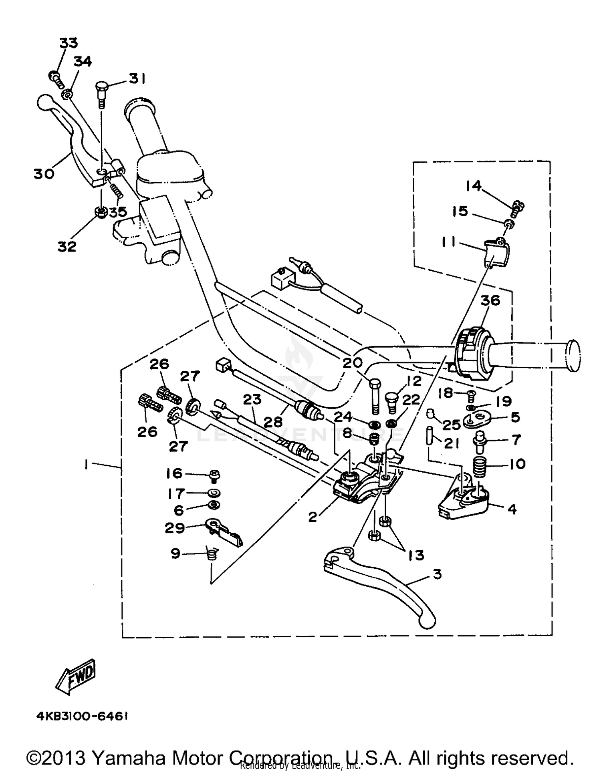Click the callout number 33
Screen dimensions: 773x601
(x=69, y=43)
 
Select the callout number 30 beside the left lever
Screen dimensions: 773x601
(x=43, y=174)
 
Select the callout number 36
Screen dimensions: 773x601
(x=490, y=300)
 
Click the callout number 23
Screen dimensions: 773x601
(x=252, y=399)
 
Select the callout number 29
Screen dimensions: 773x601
(x=175, y=528)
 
